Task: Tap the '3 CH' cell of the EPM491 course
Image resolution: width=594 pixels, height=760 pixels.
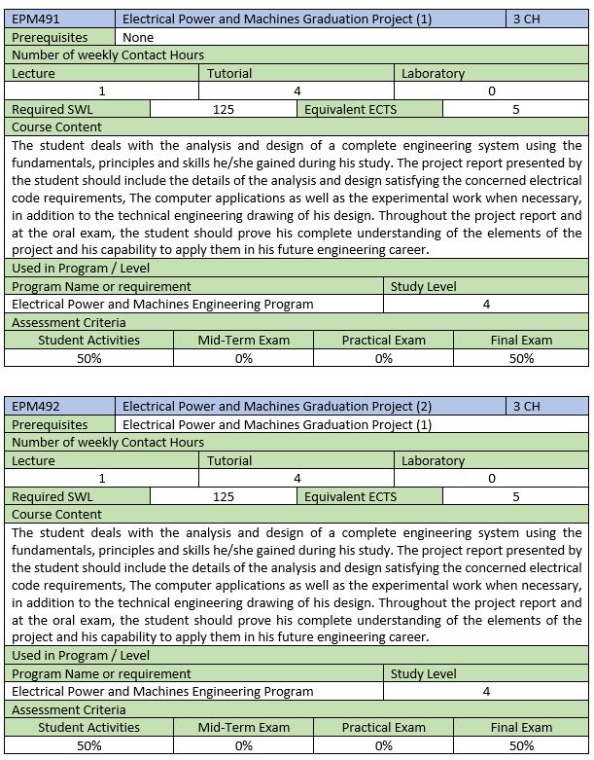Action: coord(527,19)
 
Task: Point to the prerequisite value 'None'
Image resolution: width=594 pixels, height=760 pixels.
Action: coord(139,37)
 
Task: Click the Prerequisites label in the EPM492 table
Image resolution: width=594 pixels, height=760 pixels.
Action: coord(50,424)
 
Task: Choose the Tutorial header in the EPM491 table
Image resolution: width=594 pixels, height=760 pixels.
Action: coord(229,73)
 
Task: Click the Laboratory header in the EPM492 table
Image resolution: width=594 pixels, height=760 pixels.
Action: coord(433,460)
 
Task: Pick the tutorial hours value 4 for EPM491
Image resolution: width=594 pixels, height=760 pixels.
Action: coord(297,90)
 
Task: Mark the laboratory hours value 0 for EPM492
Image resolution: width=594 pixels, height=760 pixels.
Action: coord(492,478)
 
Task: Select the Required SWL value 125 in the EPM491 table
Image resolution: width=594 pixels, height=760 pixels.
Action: coord(223,109)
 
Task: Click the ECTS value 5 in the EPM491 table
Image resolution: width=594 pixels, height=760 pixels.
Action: coord(516,109)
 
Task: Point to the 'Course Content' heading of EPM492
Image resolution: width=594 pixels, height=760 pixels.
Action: coord(56,514)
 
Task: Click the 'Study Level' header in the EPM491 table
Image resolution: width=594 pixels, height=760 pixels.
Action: coord(423,287)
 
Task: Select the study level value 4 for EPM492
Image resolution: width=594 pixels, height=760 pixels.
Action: coord(486,691)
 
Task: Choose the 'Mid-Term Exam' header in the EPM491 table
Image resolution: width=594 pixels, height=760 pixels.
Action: coord(243,341)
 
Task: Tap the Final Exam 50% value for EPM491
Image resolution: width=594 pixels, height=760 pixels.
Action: coord(521,358)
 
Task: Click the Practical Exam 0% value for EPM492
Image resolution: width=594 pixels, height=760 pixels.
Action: coord(383,745)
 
